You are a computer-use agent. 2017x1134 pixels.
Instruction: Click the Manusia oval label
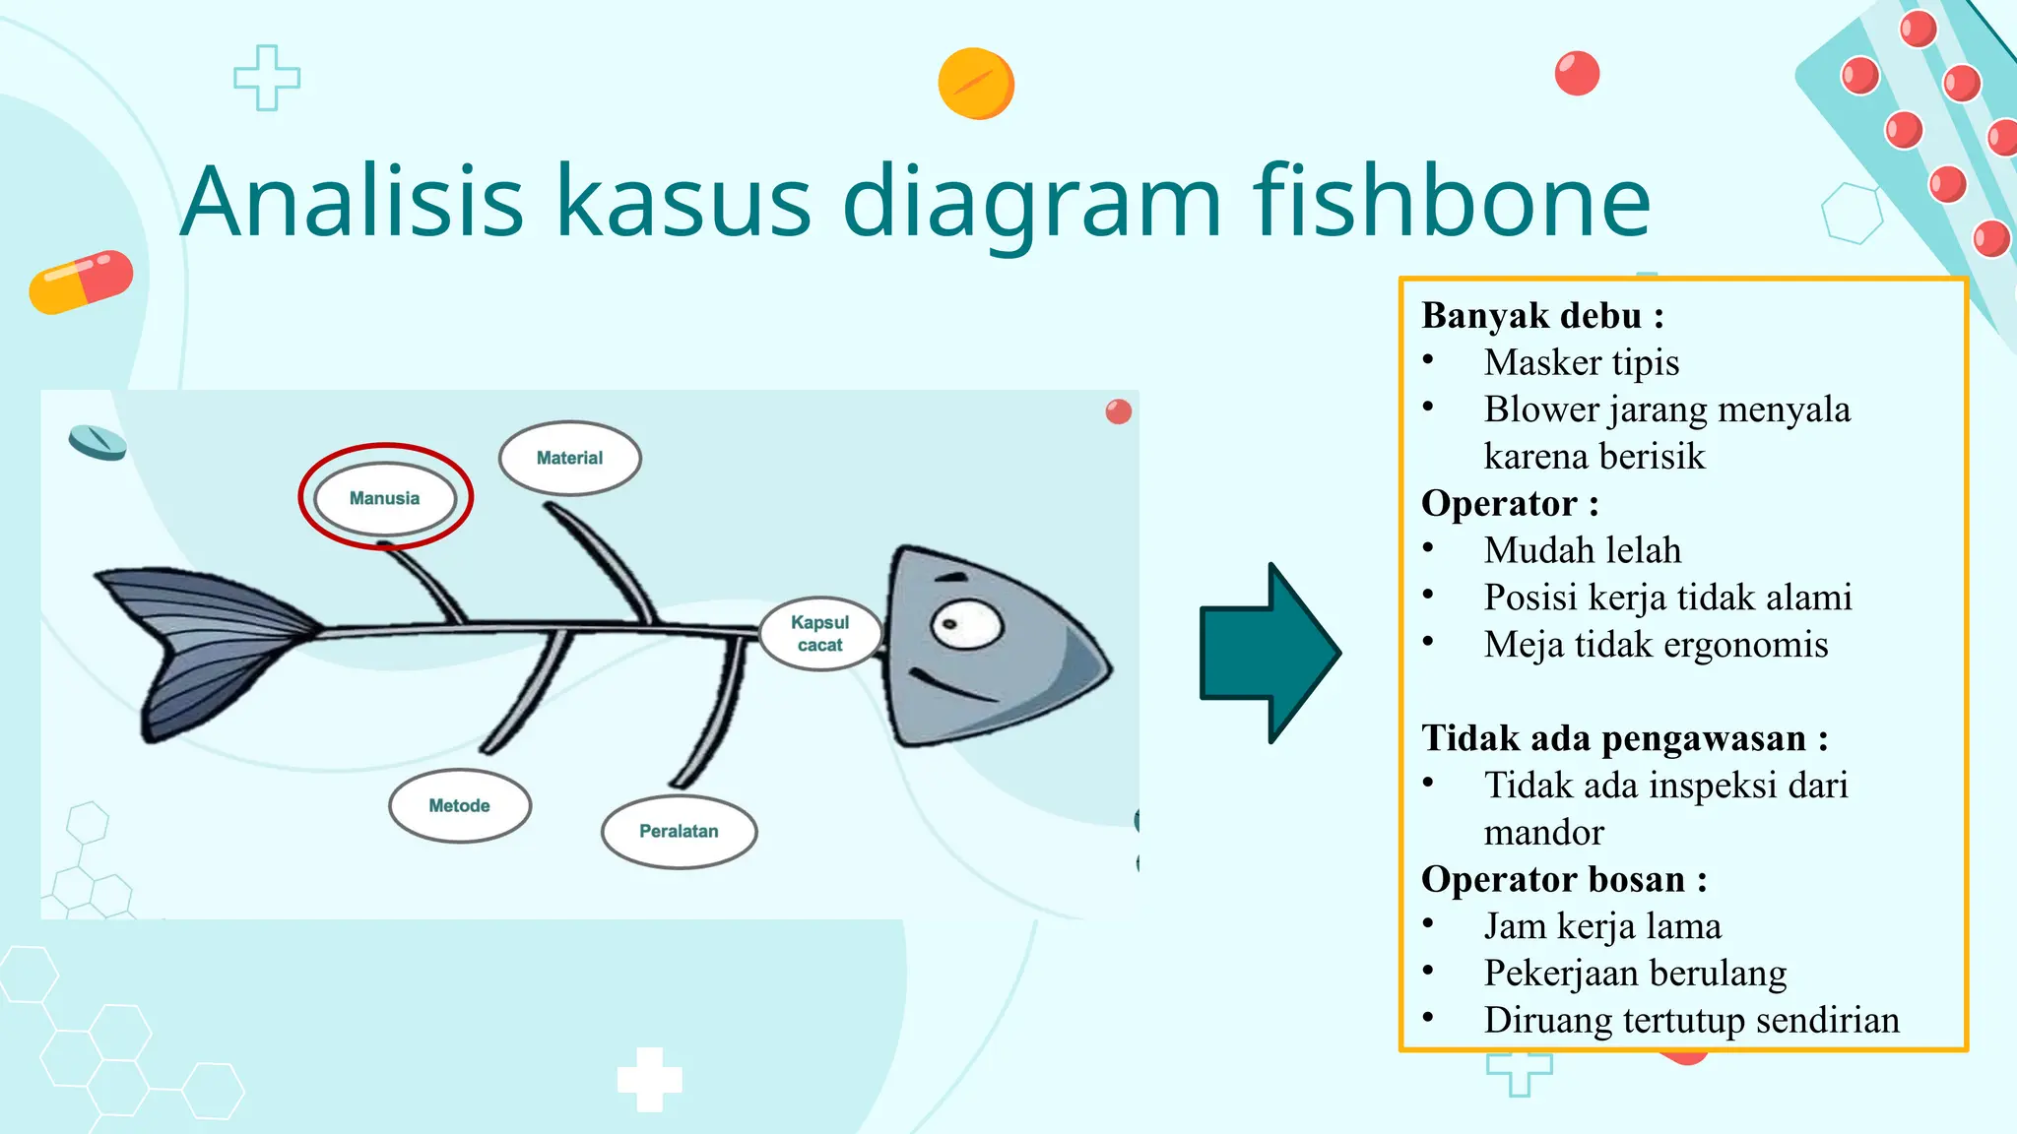click(x=384, y=498)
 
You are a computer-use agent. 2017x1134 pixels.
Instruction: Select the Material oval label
click(x=569, y=458)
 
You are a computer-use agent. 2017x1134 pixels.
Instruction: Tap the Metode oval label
click(x=459, y=805)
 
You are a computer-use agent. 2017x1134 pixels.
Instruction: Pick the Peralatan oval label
click(x=679, y=831)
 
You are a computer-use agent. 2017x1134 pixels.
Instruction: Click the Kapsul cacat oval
click(x=819, y=634)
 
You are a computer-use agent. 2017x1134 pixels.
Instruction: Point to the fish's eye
click(x=965, y=624)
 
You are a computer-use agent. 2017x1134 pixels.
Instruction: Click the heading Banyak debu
click(x=1542, y=316)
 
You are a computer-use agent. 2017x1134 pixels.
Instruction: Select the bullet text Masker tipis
click(x=1581, y=362)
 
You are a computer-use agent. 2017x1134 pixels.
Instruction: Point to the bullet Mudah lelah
click(x=1582, y=550)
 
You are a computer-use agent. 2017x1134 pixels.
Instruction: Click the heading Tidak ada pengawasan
click(x=1624, y=738)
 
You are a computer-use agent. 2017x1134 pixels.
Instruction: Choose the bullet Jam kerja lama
click(x=1602, y=926)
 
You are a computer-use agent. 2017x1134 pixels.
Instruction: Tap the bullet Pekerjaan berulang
click(x=1635, y=973)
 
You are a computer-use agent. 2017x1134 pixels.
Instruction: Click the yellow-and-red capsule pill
click(x=81, y=282)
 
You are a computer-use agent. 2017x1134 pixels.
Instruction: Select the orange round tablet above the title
click(x=975, y=84)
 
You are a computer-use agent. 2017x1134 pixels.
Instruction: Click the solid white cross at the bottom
click(x=649, y=1079)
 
